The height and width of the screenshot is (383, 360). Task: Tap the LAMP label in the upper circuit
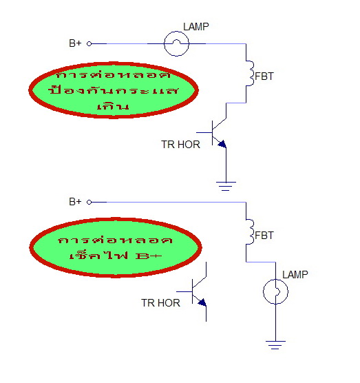click(x=196, y=27)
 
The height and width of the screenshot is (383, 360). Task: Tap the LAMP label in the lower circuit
click(x=295, y=275)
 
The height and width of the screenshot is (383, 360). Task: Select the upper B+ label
click(x=75, y=43)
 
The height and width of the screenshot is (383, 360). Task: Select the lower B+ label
click(x=75, y=202)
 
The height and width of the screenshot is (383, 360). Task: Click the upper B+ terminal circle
click(x=89, y=43)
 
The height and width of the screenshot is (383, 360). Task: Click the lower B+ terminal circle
click(x=89, y=203)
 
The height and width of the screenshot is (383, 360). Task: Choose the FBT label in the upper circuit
click(x=264, y=76)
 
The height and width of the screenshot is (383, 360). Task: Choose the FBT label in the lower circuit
click(x=264, y=235)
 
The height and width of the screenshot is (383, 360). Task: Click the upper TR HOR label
click(x=180, y=145)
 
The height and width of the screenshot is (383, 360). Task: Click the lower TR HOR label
click(x=160, y=303)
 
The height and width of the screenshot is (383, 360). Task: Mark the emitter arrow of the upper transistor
click(x=222, y=144)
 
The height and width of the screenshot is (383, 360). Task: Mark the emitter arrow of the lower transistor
click(x=202, y=302)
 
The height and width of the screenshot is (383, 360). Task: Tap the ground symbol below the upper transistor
click(x=226, y=186)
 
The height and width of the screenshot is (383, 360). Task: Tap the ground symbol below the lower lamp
click(x=275, y=345)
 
